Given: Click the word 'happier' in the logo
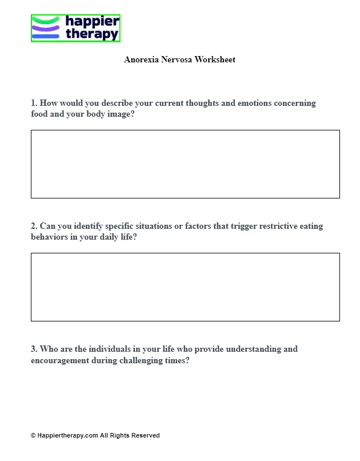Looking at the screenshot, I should [x=92, y=22].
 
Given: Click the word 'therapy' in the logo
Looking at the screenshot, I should [x=92, y=34].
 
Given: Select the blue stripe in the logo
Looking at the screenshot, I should [x=46, y=36].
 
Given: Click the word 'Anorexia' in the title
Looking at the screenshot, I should [x=141, y=59].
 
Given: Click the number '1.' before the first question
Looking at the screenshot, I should [x=34, y=104].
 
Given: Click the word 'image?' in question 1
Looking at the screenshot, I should [x=121, y=114].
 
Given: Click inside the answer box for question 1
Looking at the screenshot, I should [x=185, y=164].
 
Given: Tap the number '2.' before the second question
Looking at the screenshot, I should [x=34, y=226].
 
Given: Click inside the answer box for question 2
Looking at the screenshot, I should [x=185, y=287].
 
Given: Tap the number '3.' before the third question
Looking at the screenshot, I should [x=34, y=349].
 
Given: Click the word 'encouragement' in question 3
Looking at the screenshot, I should [x=60, y=360].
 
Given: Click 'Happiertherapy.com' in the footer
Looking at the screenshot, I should [x=67, y=435].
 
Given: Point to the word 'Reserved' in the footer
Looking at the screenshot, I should [x=146, y=435].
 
